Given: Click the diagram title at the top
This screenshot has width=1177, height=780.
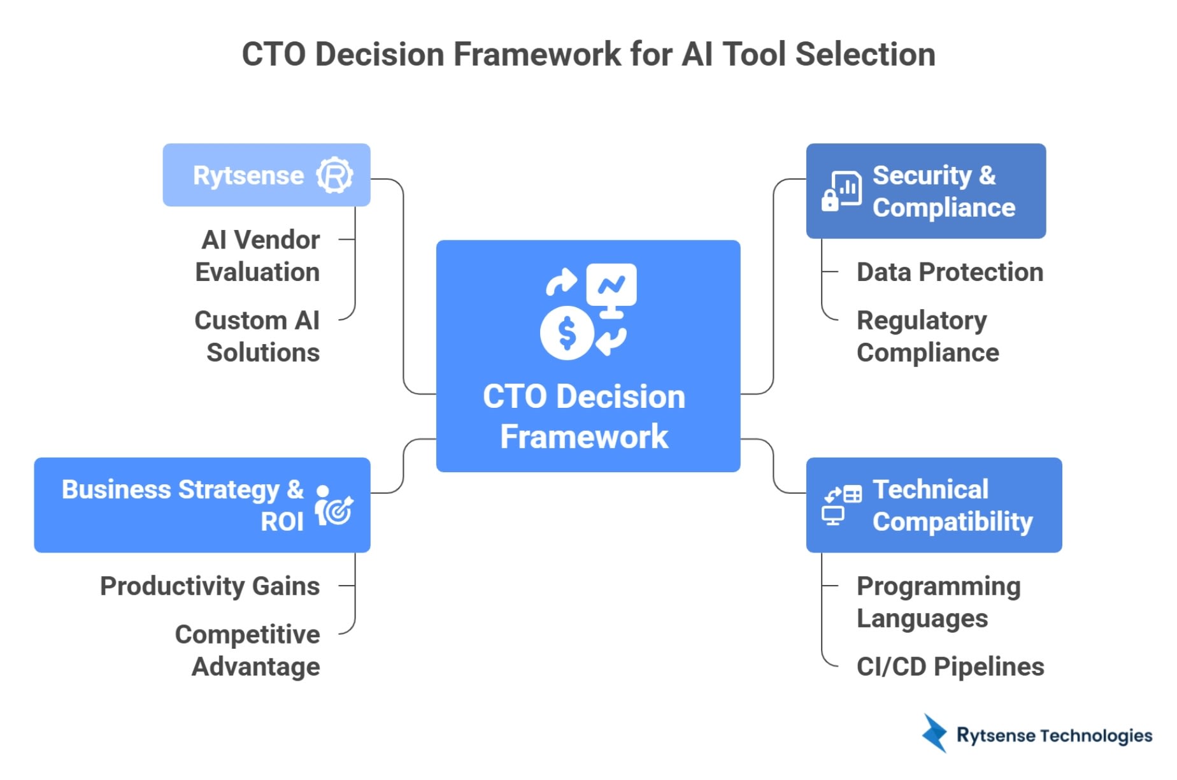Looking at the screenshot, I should coord(588,54).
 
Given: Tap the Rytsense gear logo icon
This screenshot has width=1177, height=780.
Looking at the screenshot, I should coord(334,175).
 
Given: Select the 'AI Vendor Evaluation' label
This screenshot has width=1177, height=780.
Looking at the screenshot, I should coord(257,256).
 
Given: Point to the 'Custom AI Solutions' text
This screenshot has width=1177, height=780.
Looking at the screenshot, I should coord(257,336).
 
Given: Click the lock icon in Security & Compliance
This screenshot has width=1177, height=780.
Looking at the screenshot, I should coord(830,200).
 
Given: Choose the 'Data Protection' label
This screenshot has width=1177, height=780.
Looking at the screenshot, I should coord(950,272).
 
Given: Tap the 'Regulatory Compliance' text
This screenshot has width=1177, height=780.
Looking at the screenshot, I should coord(927,336).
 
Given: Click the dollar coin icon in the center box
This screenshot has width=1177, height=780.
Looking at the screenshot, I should coord(566,333).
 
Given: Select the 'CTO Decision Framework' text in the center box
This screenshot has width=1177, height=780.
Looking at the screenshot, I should coord(584,416).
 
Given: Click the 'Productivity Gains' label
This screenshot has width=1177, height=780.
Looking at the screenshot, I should coord(210,586).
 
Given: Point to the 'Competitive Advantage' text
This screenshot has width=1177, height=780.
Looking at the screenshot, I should coord(248,651).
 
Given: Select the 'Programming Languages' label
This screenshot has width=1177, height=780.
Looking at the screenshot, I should coord(938,602).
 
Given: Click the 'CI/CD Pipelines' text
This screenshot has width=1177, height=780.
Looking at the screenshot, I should coord(950,667).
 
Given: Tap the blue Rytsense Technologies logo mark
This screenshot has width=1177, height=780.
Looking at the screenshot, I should coord(935,733).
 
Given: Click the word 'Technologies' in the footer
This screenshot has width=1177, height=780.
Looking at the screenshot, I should coord(1095,736).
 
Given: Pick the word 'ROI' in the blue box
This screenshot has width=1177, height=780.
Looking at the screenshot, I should coord(282,522).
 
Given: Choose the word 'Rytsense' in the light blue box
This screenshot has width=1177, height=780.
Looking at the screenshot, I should coord(248,175).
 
